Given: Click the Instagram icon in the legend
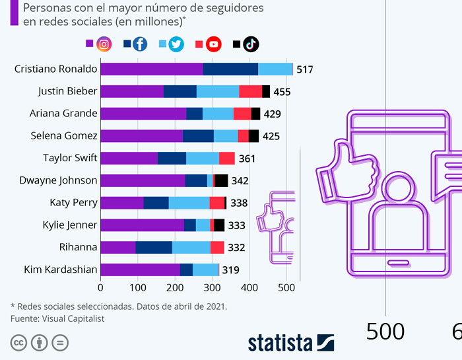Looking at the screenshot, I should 104,44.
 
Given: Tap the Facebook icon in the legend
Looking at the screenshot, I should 140,44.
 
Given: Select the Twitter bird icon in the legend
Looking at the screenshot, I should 176,44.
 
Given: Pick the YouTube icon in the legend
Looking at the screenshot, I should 213,44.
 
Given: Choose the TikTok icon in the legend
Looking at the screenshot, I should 250,44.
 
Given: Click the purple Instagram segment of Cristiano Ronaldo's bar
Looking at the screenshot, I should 151,69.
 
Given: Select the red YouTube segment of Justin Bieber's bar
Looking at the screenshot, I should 250,91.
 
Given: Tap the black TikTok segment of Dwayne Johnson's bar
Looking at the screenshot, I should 221,180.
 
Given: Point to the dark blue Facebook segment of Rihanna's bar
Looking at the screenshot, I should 154,247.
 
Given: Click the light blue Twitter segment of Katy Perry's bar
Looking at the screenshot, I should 189,203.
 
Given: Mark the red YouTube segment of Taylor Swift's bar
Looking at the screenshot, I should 226,158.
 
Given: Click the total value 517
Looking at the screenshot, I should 305,69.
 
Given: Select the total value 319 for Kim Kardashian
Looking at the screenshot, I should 230,270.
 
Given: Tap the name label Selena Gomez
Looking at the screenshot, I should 64,135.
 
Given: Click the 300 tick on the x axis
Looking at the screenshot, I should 212,287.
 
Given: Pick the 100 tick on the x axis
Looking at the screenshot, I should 137,287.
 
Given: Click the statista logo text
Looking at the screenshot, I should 280,343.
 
